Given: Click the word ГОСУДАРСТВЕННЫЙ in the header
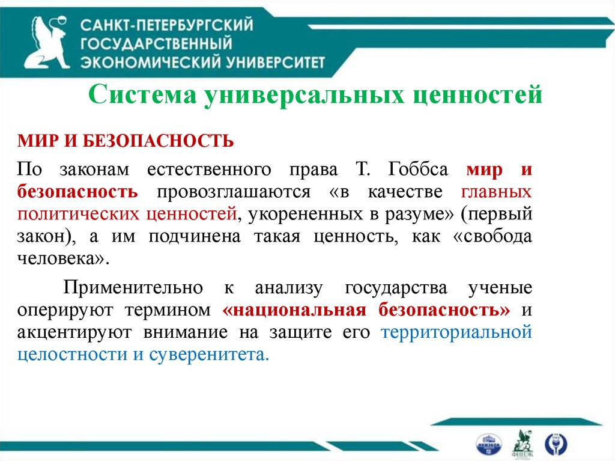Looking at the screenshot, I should (x=156, y=44).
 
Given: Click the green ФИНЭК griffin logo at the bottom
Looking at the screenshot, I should (x=520, y=443).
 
